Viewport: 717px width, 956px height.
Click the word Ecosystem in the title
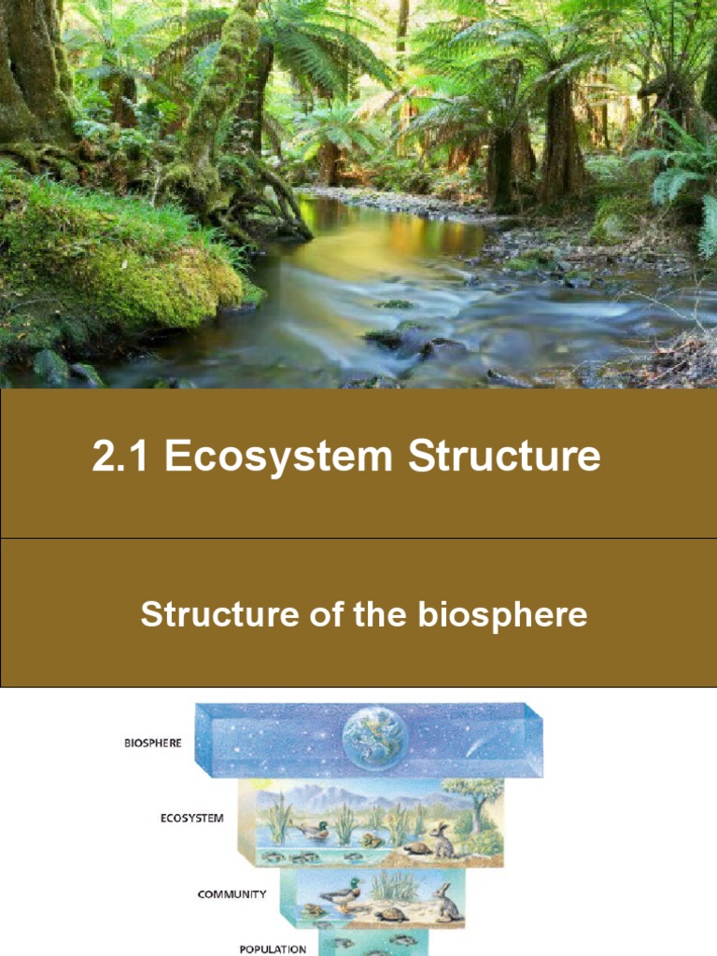(278, 457)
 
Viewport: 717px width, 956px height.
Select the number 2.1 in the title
(120, 456)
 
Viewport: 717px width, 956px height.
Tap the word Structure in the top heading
(504, 456)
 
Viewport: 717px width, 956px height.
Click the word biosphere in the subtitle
(502, 614)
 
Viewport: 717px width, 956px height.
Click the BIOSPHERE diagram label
(153, 743)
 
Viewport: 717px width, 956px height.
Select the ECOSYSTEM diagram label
(192, 818)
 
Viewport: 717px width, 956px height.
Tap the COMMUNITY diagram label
(232, 894)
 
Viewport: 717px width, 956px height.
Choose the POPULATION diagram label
(274, 949)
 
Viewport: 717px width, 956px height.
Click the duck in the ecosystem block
(311, 830)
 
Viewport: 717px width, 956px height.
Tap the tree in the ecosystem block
(476, 799)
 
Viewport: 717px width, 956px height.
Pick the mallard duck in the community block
(341, 895)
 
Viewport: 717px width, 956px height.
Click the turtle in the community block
(390, 915)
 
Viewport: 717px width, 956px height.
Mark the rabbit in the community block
(447, 903)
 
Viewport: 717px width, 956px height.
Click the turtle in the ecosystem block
(417, 849)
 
